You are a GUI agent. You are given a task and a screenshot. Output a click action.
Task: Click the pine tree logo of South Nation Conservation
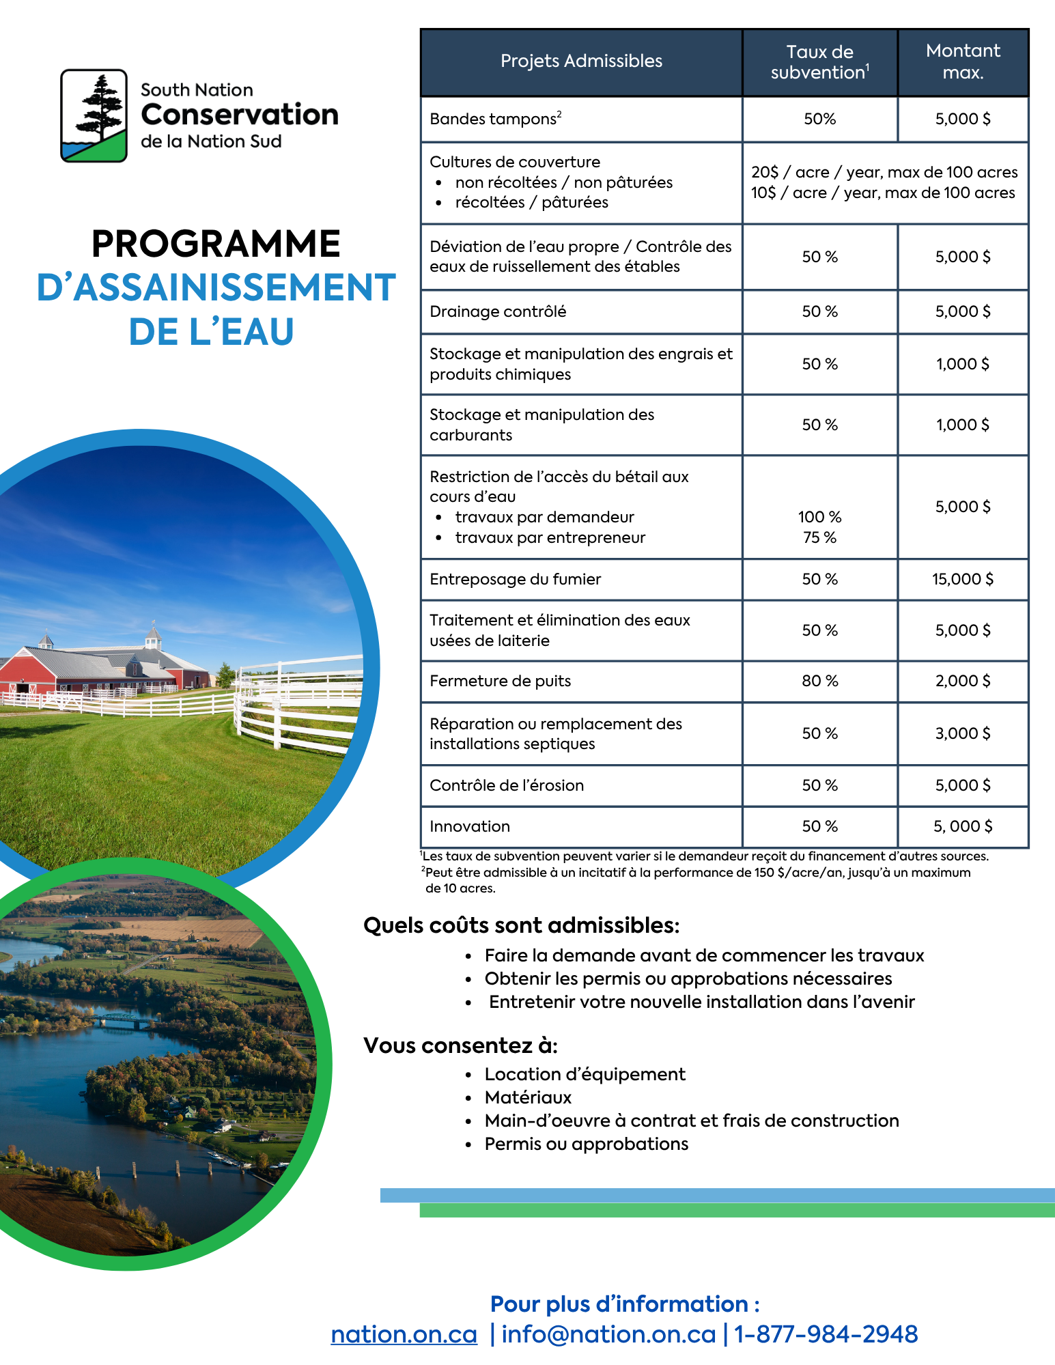pos(94,115)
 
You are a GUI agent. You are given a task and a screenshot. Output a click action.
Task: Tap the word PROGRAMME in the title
pos(216,244)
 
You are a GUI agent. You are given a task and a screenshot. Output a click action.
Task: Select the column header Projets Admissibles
pos(581,61)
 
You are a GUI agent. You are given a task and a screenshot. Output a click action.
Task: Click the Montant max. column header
pos(963,61)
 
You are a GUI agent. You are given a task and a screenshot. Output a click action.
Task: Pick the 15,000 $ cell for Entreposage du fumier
pos(963,579)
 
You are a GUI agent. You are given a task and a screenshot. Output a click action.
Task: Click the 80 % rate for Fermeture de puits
pos(819,681)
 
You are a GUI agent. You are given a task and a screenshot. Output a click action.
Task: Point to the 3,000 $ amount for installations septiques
pos(963,733)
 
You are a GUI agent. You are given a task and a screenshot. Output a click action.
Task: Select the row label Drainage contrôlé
pos(498,311)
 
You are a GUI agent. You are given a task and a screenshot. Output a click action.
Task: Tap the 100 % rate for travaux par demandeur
pos(819,517)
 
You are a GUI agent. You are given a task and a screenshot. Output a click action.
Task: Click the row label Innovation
pos(470,826)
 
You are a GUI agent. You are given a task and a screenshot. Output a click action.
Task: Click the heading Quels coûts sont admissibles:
pos(522,925)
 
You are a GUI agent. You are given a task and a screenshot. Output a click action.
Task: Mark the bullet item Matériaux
pos(528,1097)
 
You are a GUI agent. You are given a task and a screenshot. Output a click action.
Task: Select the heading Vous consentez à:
pos(460,1045)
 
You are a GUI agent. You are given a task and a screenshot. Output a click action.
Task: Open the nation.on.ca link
pos(404,1334)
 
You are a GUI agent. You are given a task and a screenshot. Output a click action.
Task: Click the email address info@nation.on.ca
pos(608,1334)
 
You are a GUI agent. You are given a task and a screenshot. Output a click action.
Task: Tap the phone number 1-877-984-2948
pos(826,1334)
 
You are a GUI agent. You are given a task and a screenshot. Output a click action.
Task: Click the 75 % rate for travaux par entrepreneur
pos(819,537)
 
